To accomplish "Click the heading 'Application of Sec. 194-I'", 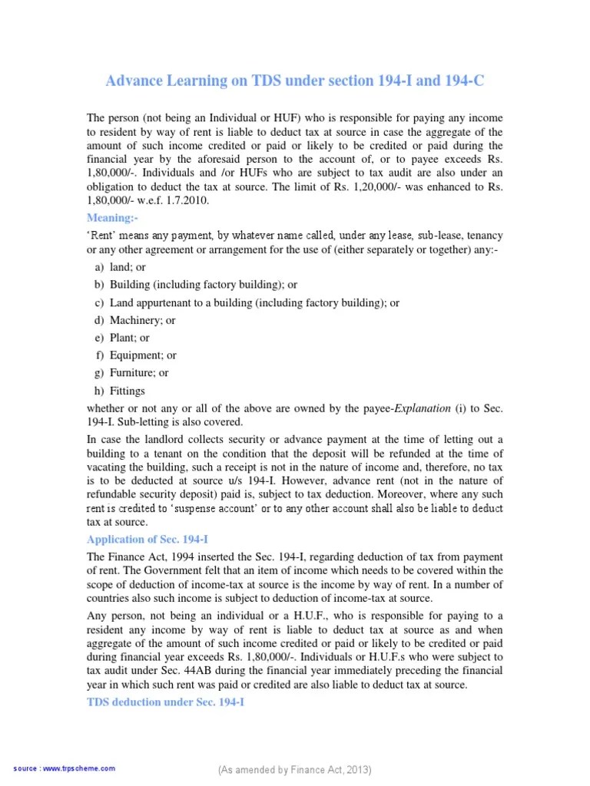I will click(146, 540).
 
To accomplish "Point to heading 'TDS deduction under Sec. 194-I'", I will click(164, 702).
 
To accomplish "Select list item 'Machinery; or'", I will click(143, 320).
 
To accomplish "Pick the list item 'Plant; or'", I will click(130, 338).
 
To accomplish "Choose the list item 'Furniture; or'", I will click(139, 373).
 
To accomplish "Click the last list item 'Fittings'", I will click(128, 391).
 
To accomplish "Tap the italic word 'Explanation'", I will click(423, 408).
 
